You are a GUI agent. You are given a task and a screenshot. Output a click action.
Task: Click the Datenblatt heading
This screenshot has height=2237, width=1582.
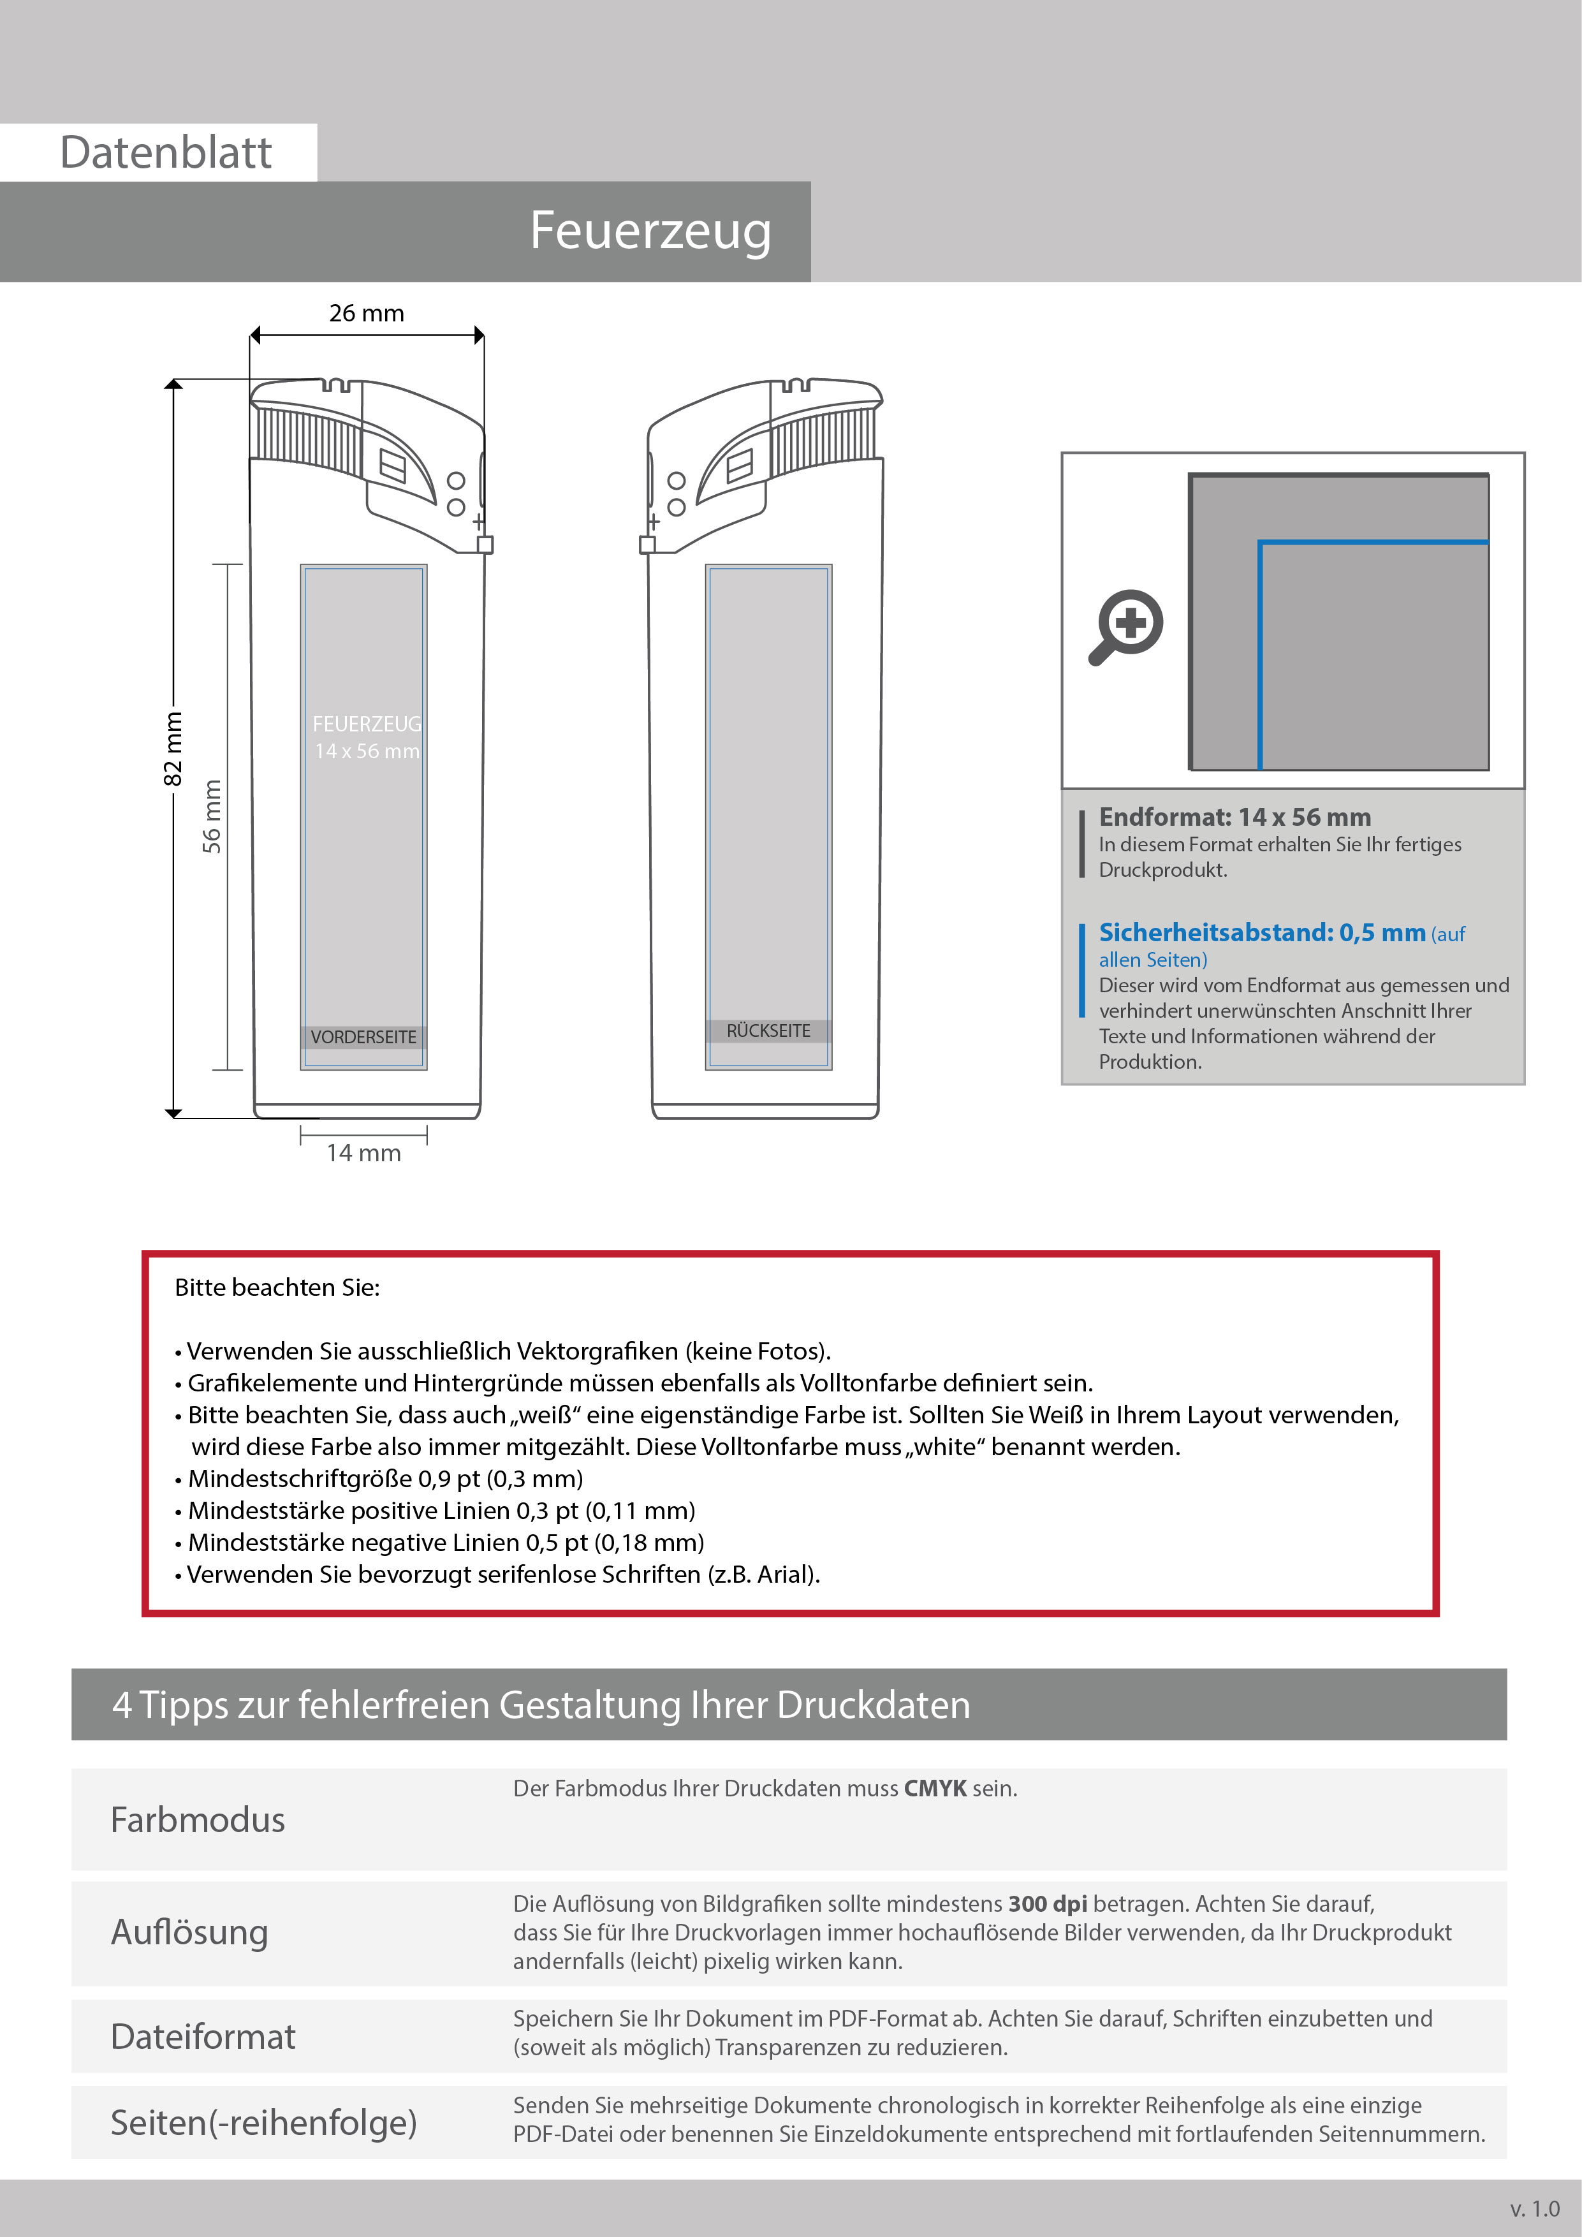(x=166, y=153)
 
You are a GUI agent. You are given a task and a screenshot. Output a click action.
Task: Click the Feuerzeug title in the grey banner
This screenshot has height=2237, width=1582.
(x=650, y=232)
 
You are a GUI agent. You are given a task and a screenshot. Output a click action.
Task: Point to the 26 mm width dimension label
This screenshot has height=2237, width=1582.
(x=366, y=312)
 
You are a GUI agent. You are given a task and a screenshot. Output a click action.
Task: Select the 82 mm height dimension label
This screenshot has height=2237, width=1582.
(x=172, y=748)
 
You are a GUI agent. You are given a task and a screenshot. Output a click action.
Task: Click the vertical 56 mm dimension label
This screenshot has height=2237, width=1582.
(x=212, y=816)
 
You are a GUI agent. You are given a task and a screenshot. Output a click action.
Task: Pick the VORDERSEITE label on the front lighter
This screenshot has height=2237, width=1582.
(x=363, y=1037)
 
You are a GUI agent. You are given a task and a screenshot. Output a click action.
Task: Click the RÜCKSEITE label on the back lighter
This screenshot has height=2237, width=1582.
(x=768, y=1030)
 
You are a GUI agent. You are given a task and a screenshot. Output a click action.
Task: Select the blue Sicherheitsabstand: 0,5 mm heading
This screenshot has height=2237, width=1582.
(x=1261, y=932)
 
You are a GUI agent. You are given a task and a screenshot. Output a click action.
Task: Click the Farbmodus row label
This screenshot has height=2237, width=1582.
(x=198, y=1820)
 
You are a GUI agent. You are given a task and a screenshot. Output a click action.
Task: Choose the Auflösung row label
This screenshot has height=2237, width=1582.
(x=189, y=1932)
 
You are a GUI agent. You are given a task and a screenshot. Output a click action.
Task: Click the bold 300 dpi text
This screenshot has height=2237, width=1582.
(x=1047, y=1903)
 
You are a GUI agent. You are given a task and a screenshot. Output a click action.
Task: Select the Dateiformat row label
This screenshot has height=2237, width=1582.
(x=203, y=2036)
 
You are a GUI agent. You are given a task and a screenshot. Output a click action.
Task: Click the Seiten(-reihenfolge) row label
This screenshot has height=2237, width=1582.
(x=263, y=2122)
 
